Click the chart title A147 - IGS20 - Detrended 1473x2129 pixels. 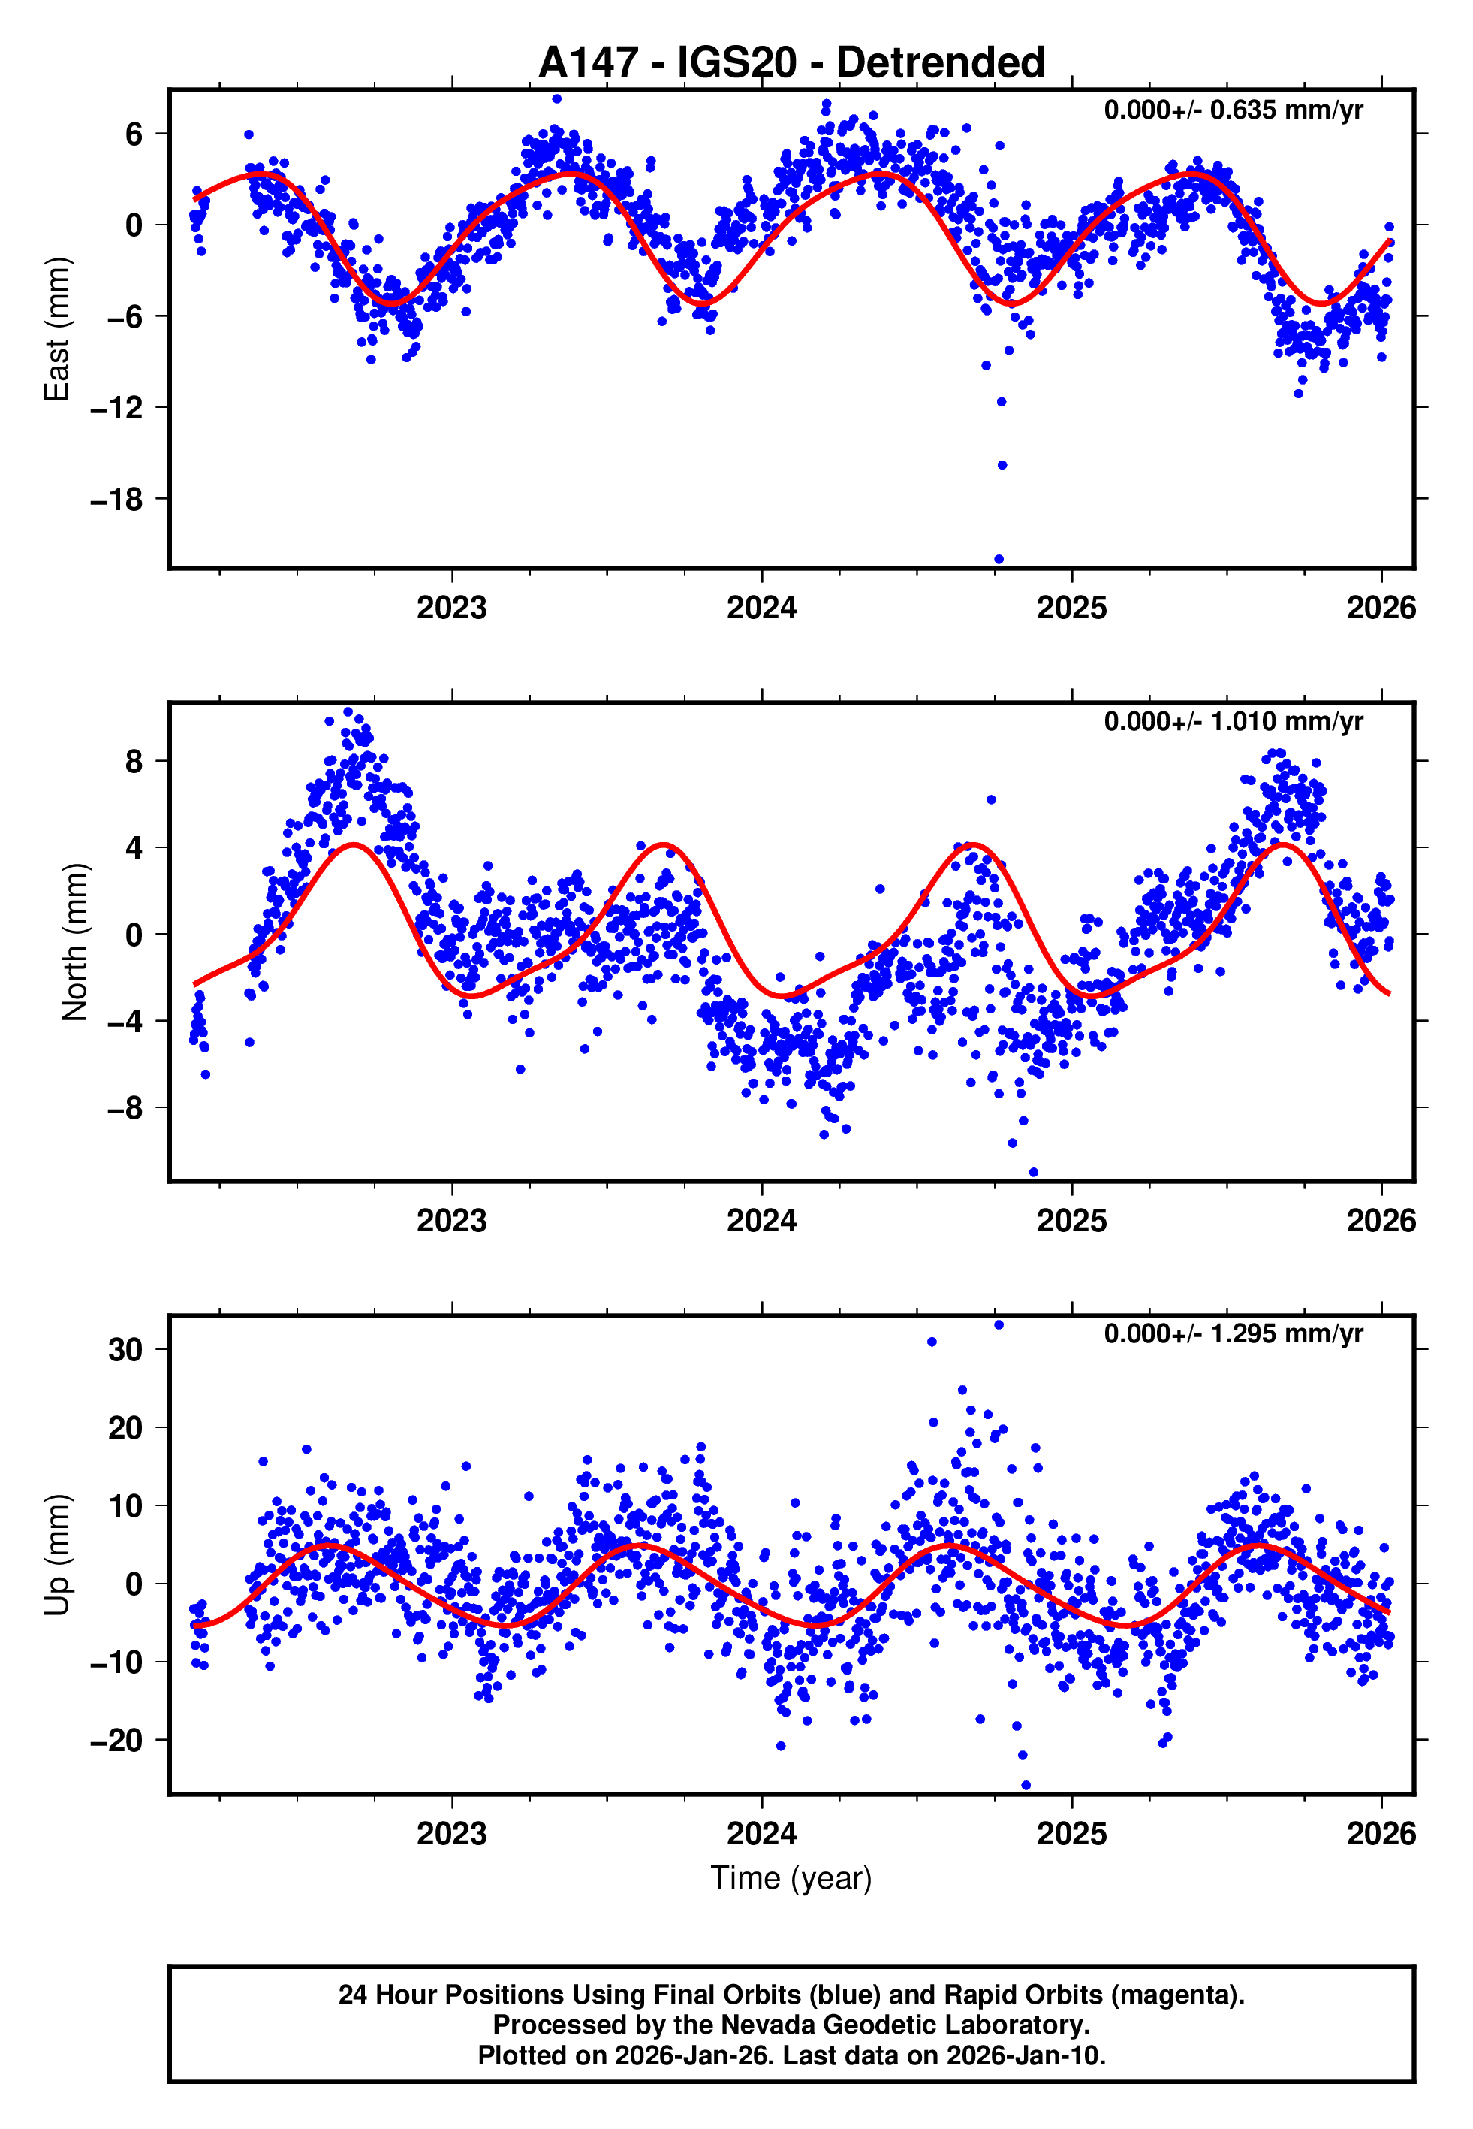tap(791, 63)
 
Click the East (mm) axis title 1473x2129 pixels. tap(57, 329)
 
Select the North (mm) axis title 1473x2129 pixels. tap(74, 942)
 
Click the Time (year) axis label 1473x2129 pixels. tap(791, 1878)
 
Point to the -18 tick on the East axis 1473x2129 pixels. tap(116, 500)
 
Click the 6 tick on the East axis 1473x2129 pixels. tap(134, 134)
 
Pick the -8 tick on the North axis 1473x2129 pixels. tap(125, 1108)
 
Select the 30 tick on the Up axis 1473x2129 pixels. tap(125, 1350)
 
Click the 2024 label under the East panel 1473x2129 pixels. tap(761, 609)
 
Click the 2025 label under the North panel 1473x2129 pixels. tap(1071, 1221)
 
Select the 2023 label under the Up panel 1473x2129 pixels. tap(451, 1833)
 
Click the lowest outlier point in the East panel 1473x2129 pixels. tap(999, 560)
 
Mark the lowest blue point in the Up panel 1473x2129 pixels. tap(1026, 1786)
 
